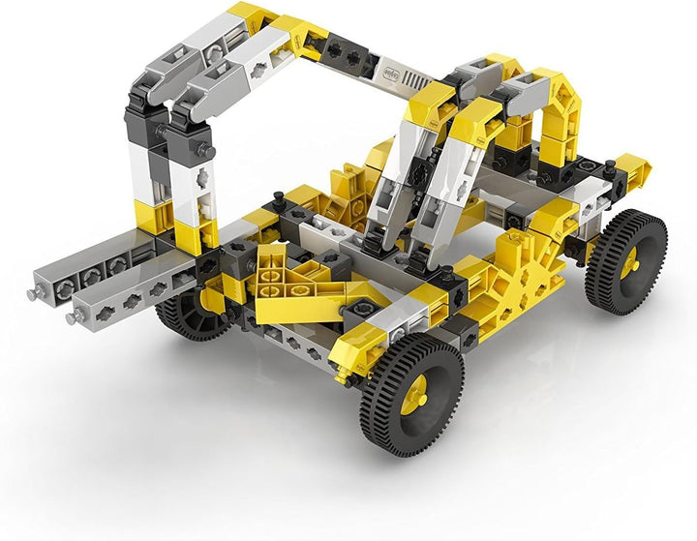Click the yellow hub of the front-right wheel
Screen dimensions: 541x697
coord(417,392)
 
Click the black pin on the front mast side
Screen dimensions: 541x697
coord(206,149)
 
